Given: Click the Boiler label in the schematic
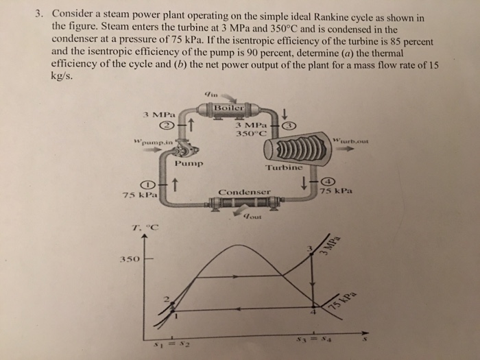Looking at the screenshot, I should click(227, 108).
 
